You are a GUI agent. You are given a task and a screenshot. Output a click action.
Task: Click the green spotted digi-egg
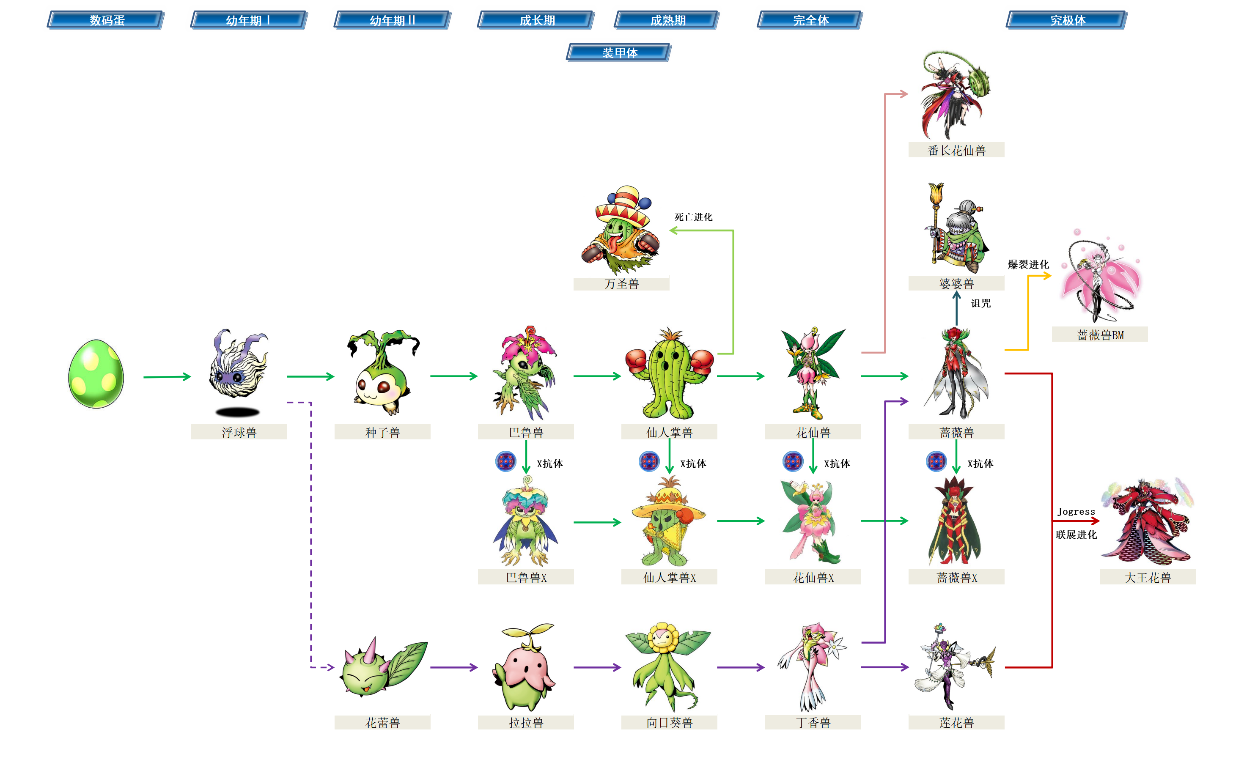[96, 374]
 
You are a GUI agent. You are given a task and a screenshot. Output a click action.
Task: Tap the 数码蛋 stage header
[106, 20]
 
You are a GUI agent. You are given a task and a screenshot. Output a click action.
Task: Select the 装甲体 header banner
[619, 52]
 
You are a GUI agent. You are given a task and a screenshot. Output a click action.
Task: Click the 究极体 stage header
[1067, 20]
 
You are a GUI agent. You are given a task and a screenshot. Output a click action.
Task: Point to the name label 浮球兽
[239, 432]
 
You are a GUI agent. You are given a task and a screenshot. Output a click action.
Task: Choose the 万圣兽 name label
[621, 284]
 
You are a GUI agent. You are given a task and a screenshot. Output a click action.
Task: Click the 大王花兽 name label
[1147, 577]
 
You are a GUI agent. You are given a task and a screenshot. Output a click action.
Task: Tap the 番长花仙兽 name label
[956, 150]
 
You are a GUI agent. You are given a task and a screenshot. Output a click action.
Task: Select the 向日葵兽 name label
[669, 722]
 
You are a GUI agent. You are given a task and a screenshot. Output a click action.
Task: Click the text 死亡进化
[693, 217]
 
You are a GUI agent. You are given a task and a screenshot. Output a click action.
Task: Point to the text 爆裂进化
[1028, 264]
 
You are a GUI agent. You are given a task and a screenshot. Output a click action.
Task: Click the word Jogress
[1076, 512]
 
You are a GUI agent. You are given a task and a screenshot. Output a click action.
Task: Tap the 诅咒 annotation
[980, 303]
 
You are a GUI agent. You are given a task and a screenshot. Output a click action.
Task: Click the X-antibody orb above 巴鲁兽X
[505, 461]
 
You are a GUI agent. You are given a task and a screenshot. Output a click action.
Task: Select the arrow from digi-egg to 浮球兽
[167, 376]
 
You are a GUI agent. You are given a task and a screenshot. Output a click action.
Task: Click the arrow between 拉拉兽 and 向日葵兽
[597, 667]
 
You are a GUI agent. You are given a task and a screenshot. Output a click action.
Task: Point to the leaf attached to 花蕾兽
[406, 663]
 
